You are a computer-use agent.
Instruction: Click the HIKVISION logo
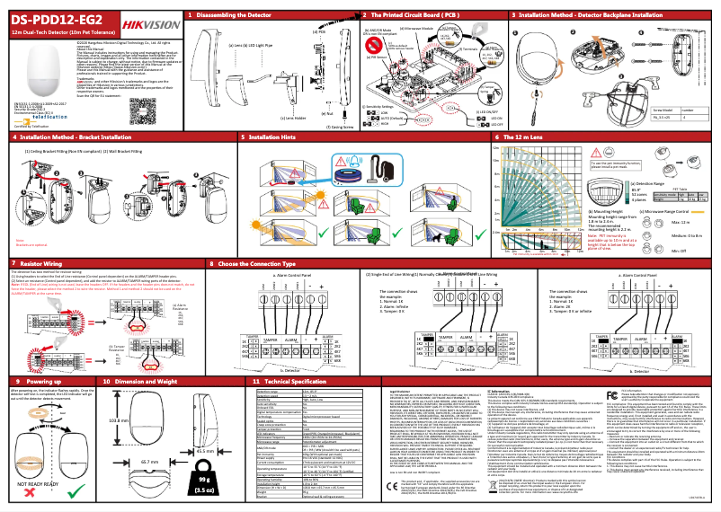pyautogui.click(x=150, y=19)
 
